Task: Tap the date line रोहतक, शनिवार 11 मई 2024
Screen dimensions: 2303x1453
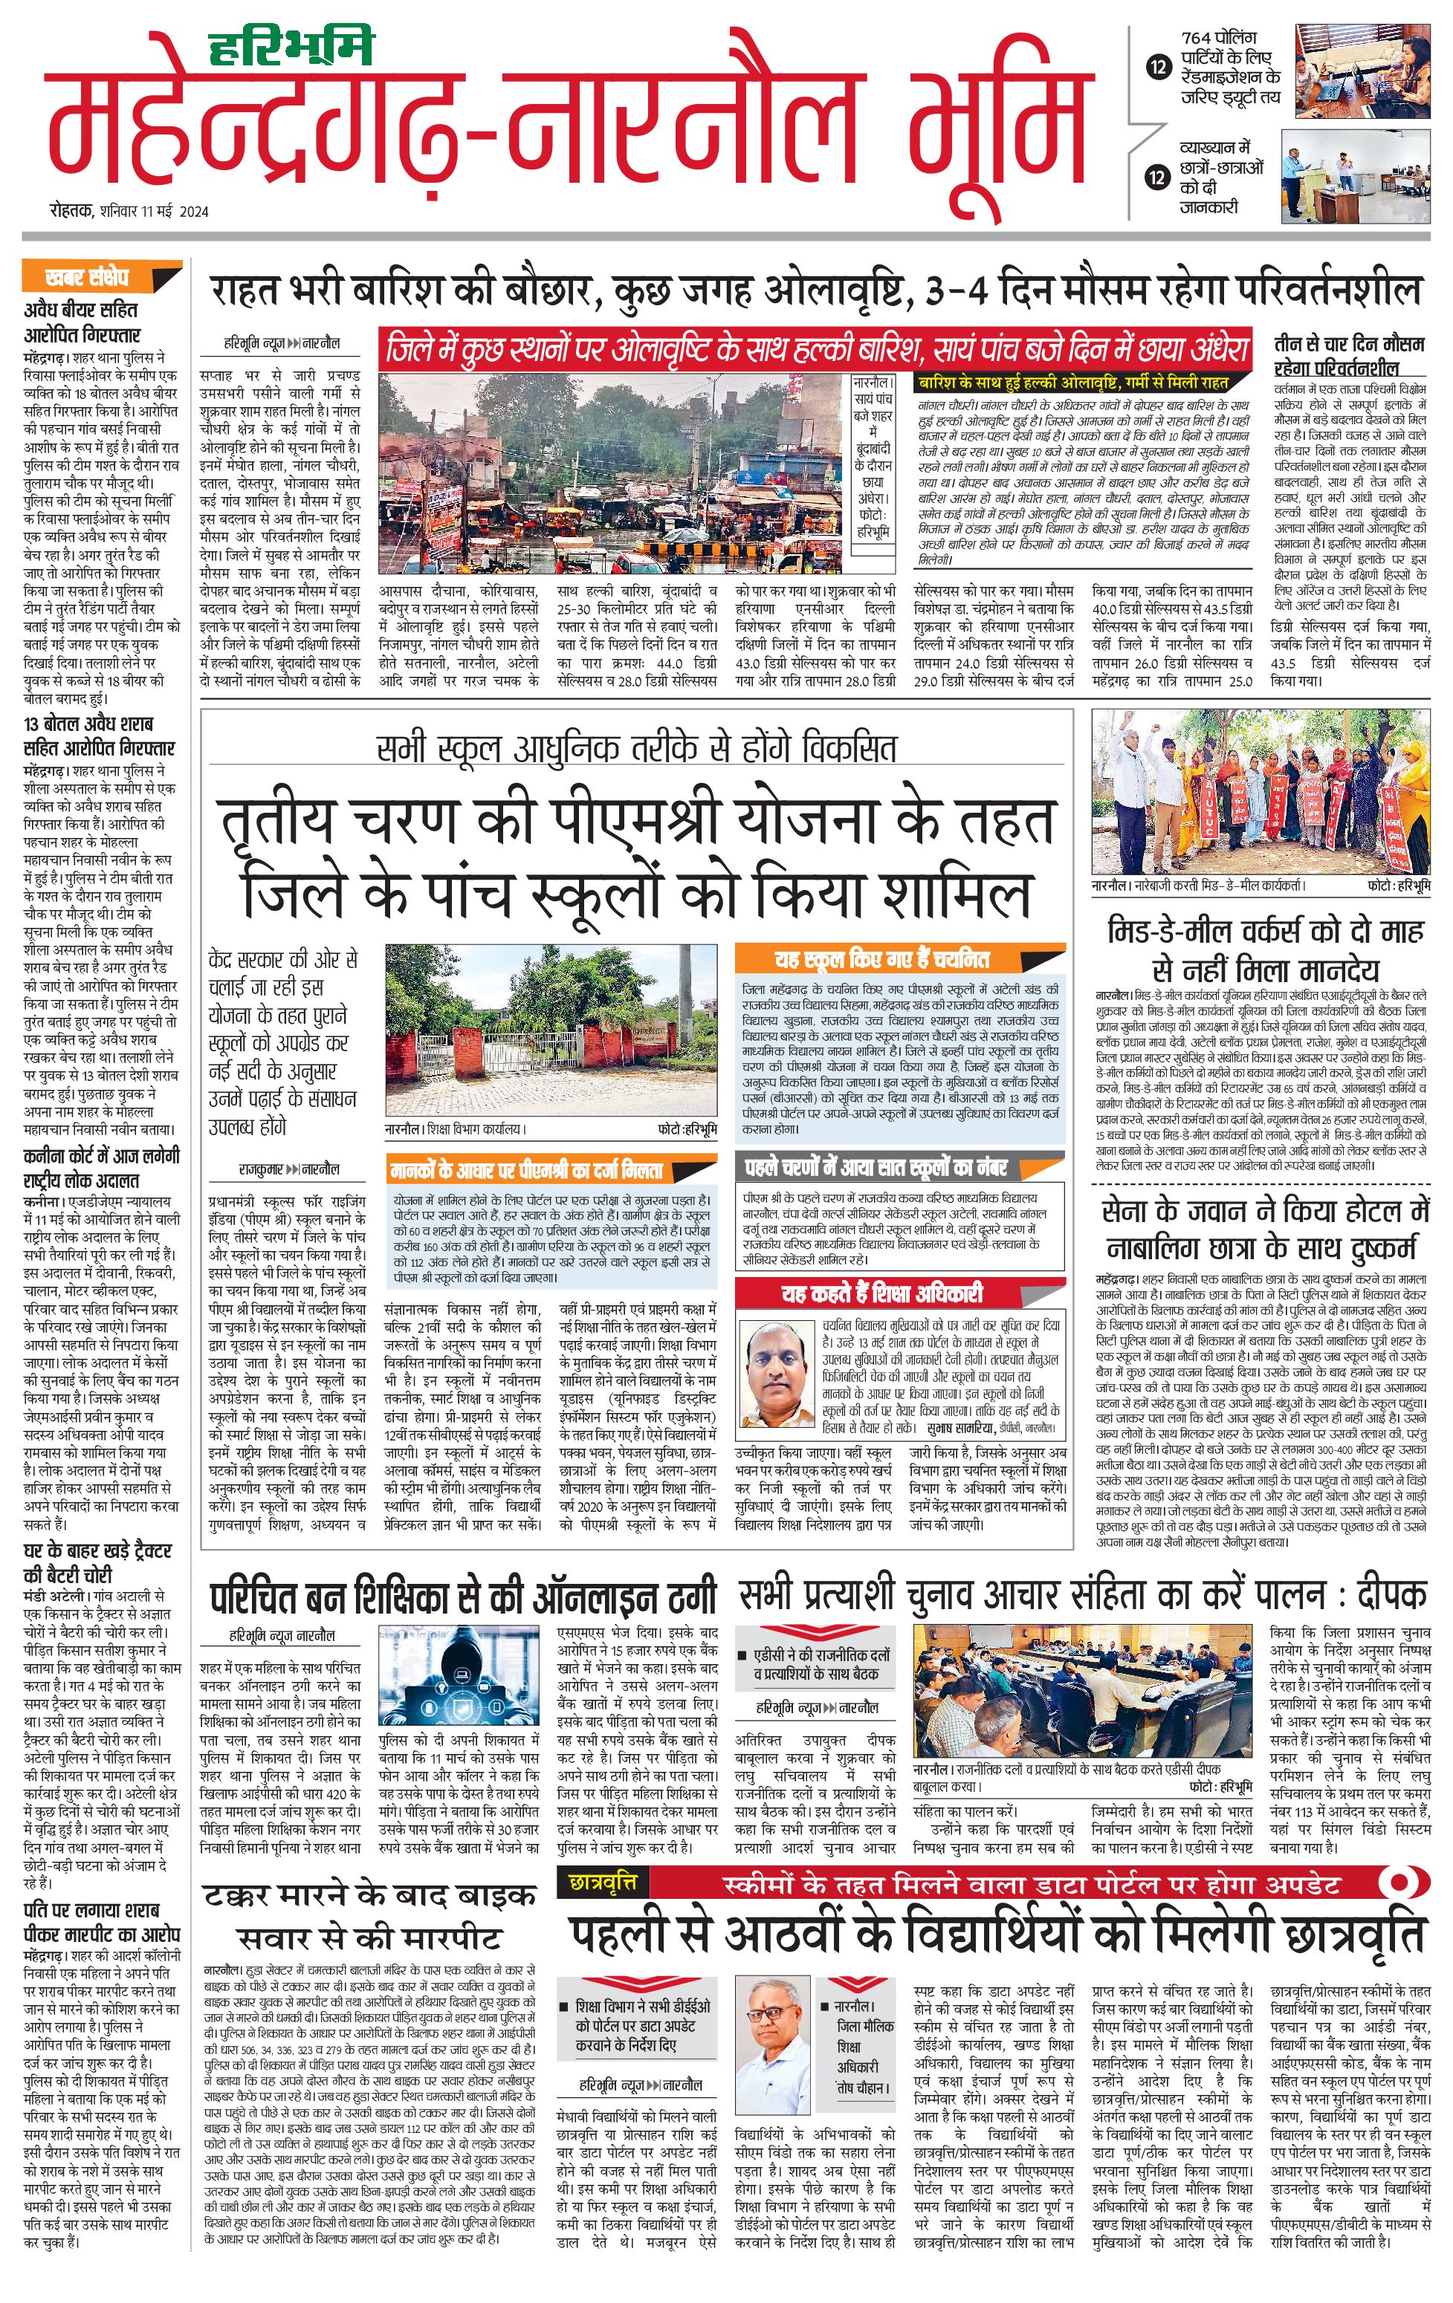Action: [x=129, y=212]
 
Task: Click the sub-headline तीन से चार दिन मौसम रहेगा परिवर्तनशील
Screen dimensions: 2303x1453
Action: [x=1349, y=355]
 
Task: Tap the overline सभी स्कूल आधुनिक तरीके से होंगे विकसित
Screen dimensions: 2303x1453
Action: [x=636, y=748]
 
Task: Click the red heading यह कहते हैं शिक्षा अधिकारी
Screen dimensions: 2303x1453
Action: [x=880, y=1294]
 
